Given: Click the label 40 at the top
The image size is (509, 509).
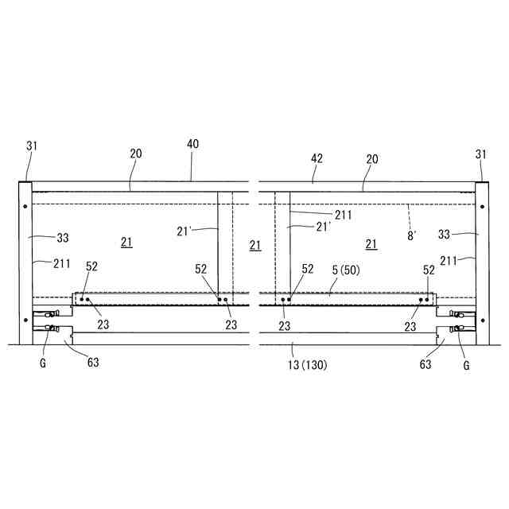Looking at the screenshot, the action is pyautogui.click(x=192, y=144).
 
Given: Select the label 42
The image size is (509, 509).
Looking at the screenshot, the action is pyautogui.click(x=317, y=158).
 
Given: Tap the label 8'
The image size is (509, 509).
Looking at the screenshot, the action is pyautogui.click(x=411, y=236).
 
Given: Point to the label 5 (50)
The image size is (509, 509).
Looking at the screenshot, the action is pyautogui.click(x=346, y=270).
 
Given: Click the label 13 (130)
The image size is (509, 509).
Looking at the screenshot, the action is pyautogui.click(x=308, y=365).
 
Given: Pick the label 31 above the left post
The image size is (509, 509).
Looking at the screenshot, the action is pyautogui.click(x=32, y=146).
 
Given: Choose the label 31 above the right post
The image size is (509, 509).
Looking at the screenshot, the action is pyautogui.click(x=481, y=154).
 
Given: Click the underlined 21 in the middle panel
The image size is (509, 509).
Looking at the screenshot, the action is pyautogui.click(x=255, y=246).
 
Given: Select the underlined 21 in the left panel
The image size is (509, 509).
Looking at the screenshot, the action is pyautogui.click(x=126, y=242).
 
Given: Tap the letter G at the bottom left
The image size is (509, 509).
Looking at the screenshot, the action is pyautogui.click(x=43, y=363).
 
